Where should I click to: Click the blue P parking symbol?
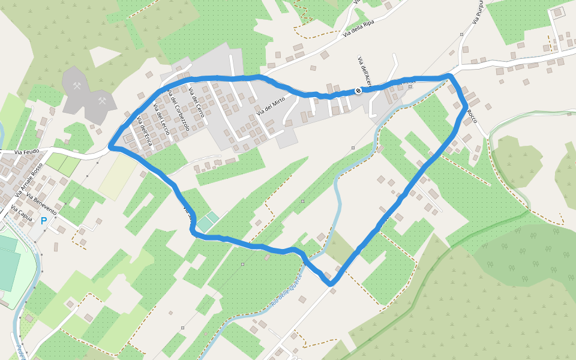43,221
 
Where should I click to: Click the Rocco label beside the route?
472,116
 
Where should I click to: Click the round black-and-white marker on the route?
358,91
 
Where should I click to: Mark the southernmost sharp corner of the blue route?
329,283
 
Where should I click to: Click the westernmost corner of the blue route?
110,146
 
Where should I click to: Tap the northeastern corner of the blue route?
449,76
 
